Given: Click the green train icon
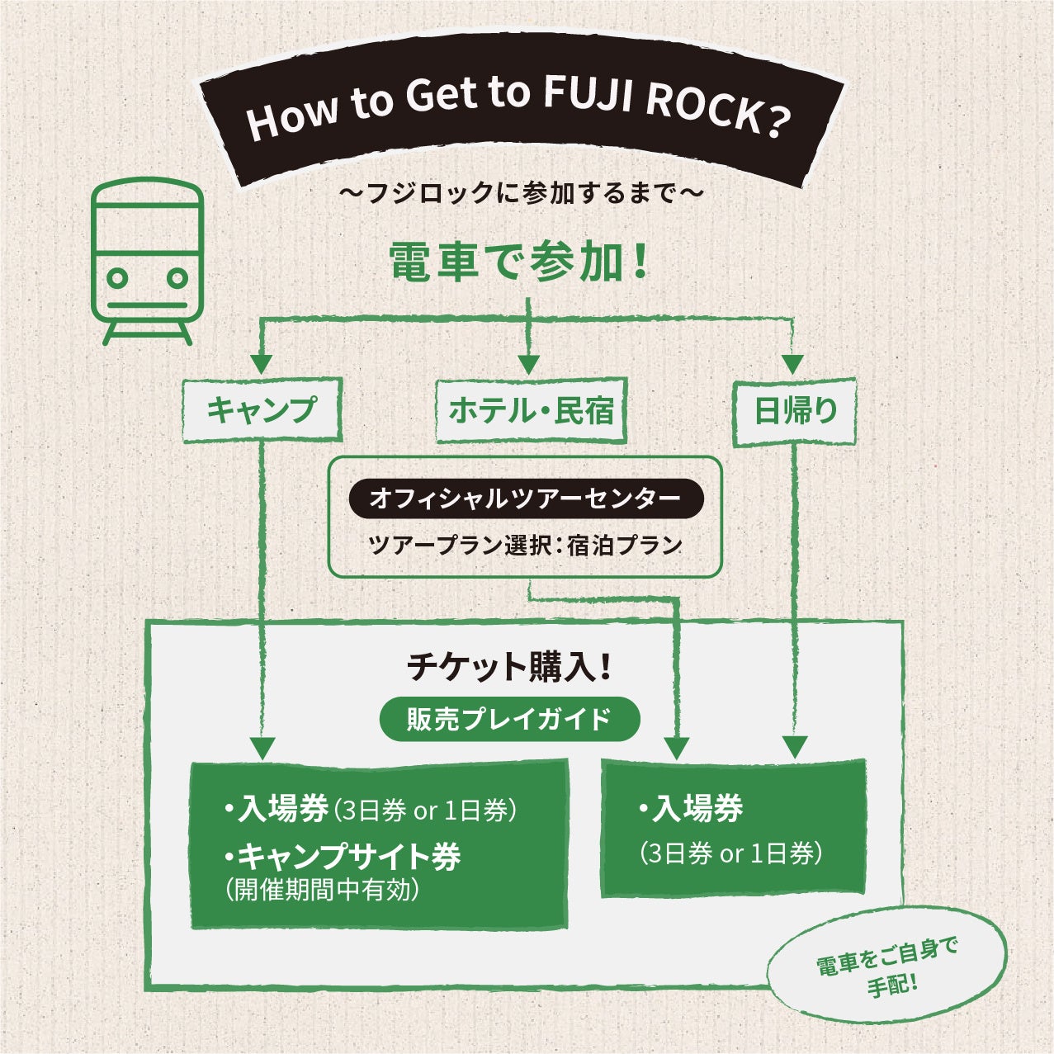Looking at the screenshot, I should [147, 261].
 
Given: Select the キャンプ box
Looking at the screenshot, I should [261, 409].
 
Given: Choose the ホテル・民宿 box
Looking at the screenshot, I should [531, 410].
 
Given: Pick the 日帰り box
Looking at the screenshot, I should [795, 411].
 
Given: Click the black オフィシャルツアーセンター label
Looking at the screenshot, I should [526, 499].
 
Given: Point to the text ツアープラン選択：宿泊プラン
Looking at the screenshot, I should [526, 546].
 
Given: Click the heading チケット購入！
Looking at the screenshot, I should [509, 667].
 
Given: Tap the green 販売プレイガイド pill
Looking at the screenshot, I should [509, 719].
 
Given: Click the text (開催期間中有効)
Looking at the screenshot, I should [323, 890].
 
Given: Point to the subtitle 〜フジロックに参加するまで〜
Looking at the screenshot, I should [521, 195].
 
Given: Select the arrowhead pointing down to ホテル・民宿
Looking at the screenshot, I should [528, 363].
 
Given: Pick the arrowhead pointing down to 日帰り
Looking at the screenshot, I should [792, 363].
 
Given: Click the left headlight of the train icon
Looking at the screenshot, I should [118, 278].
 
